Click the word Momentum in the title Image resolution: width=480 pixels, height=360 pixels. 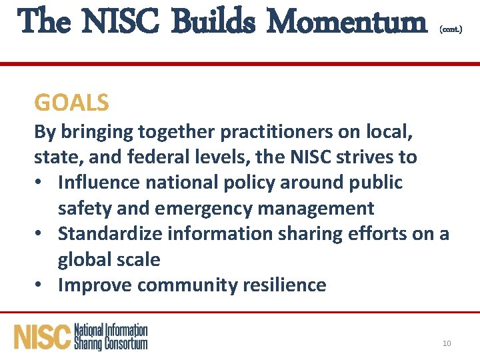click(350, 22)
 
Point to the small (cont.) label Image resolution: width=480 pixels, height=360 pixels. click(450, 30)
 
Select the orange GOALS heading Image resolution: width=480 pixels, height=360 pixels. click(71, 103)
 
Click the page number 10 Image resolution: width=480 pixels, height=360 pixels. click(447, 343)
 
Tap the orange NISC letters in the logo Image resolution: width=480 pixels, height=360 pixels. click(42, 337)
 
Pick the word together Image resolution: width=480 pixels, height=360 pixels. click(158, 131)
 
